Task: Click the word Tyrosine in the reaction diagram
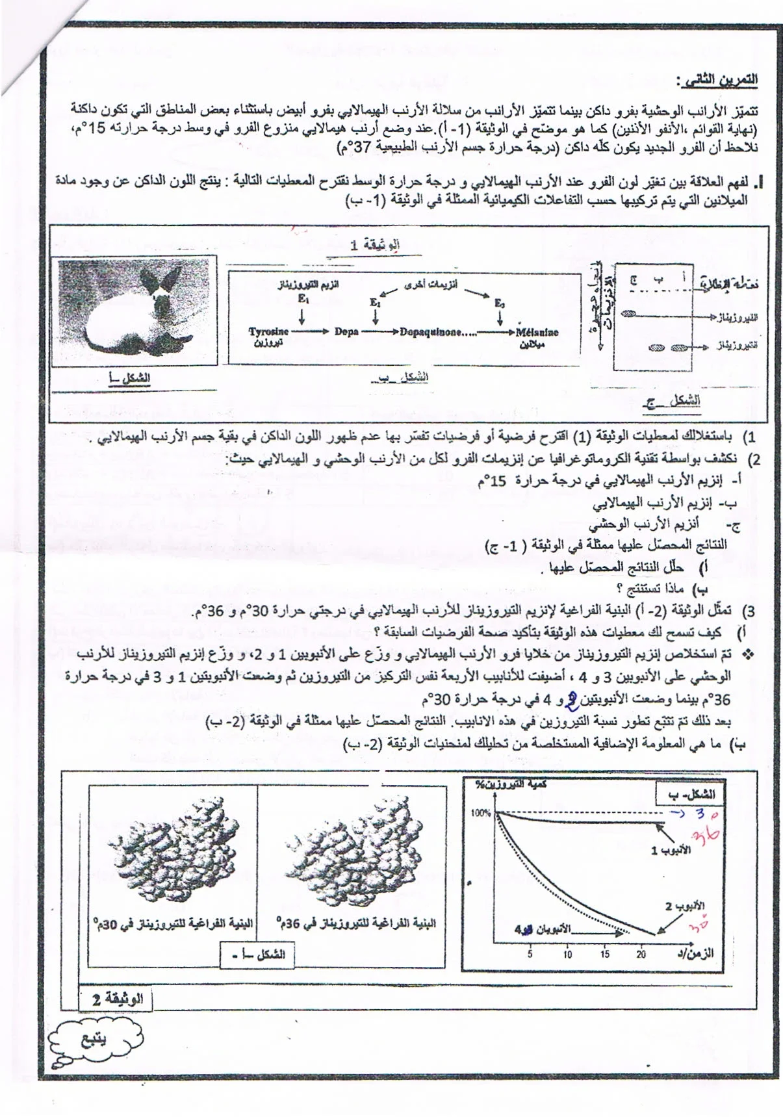coord(268,331)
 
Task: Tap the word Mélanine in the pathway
coord(538,331)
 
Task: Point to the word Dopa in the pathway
coord(346,331)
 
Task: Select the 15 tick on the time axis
coord(604,955)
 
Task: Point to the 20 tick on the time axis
coord(641,955)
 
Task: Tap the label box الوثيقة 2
coord(113,999)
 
